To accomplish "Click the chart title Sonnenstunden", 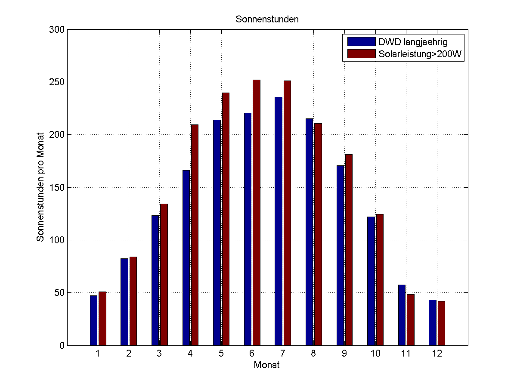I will (267, 19).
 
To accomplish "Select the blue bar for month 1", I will (93, 320).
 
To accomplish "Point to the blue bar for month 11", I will (402, 315).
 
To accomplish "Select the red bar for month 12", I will (441, 323).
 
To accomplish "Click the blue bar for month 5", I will (217, 233).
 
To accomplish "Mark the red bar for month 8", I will (318, 234).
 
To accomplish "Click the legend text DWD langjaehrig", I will (413, 42).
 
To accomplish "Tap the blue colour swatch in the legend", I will (361, 42).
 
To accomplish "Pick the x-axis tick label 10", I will (375, 354).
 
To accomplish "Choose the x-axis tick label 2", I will (129, 354).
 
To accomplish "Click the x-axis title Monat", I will (267, 366).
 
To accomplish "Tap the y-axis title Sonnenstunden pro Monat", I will (40, 187).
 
